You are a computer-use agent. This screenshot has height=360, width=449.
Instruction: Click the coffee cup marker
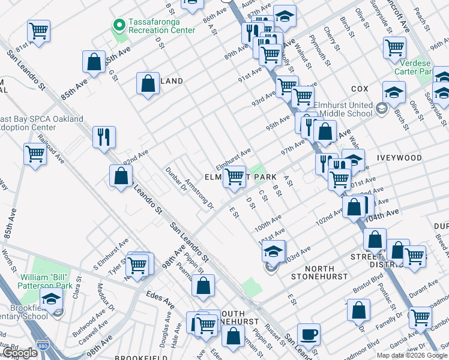pyautogui.click(x=309, y=334)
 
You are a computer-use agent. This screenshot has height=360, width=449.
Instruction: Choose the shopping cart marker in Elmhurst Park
pyautogui.click(x=235, y=176)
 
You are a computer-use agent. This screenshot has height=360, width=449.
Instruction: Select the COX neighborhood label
pyautogui.click(x=359, y=89)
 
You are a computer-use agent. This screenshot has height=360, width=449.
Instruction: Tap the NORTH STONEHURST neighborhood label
pyautogui.click(x=319, y=272)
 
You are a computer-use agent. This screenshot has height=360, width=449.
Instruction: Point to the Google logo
pyautogui.click(x=20, y=353)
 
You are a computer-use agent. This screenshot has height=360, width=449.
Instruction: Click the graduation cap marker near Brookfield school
pyautogui.click(x=52, y=299)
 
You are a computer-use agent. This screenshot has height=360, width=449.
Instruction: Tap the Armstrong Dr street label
pyautogui.click(x=199, y=193)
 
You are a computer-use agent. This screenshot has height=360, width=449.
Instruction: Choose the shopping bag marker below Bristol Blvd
pyautogui.click(x=358, y=310)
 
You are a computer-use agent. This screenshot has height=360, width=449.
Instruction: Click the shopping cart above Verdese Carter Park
pyautogui.click(x=394, y=47)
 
